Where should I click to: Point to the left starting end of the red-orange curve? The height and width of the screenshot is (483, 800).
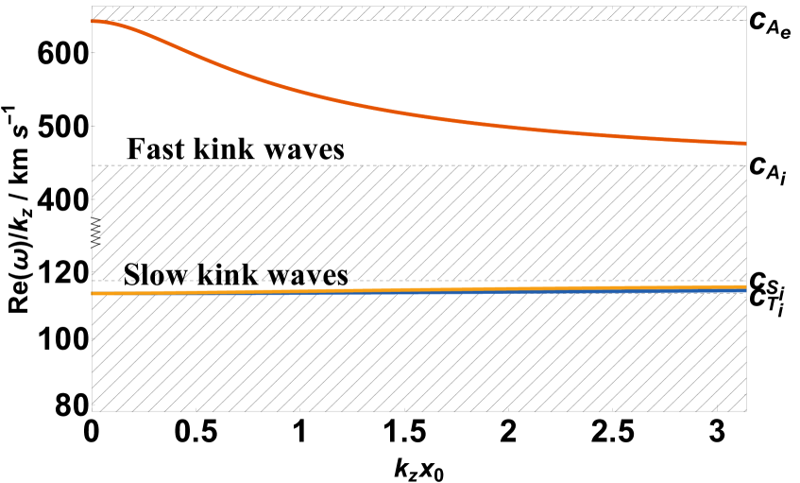click(93, 21)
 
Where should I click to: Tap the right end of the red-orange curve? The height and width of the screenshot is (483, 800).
click(744, 144)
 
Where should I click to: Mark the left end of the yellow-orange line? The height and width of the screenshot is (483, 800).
click(93, 294)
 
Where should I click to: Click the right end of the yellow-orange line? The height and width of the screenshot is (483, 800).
click(745, 285)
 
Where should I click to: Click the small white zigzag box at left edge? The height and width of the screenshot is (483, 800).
click(95, 232)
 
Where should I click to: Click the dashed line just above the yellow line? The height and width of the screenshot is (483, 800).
click(567, 281)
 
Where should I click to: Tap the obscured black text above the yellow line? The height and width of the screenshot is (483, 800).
click(236, 275)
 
